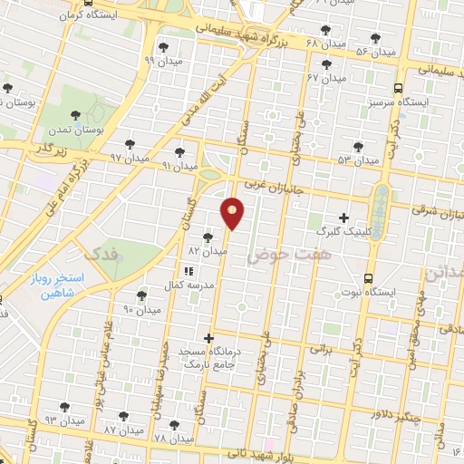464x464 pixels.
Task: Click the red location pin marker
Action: [233, 212]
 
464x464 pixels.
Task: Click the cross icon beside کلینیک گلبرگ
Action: [343, 217]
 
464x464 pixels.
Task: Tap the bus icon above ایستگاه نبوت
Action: [368, 278]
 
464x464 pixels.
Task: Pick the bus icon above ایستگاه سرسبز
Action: [398, 88]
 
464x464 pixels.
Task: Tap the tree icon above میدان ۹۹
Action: [162, 47]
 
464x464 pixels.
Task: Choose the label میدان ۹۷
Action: [129, 157]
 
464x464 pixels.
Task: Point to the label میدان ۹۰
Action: [141, 309]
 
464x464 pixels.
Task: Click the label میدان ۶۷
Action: [327, 78]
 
